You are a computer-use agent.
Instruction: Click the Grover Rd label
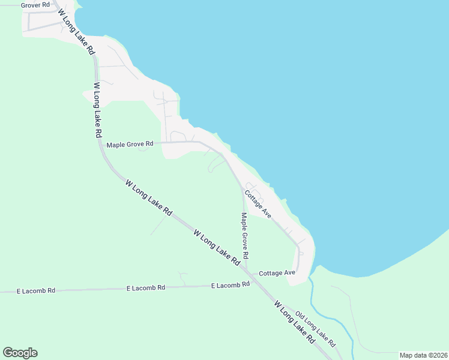(34, 5)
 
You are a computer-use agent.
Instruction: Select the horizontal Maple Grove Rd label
(130, 145)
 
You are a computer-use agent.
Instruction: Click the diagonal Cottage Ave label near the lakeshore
(258, 203)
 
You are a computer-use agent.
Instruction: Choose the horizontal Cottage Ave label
(277, 273)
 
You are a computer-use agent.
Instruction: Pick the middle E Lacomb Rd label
(146, 288)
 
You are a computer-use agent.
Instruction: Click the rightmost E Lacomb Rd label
(231, 285)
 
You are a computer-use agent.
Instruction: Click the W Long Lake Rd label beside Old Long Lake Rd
(295, 322)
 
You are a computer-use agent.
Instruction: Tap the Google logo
(20, 353)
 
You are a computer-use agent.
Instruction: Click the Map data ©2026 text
(423, 355)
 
